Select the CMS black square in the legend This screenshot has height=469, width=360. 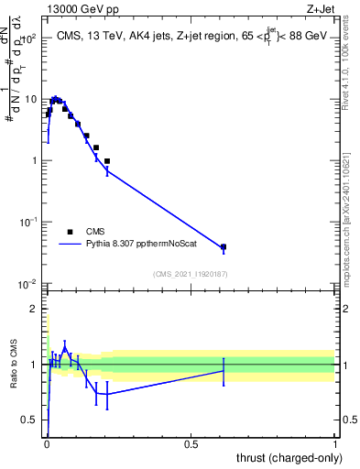(70, 232)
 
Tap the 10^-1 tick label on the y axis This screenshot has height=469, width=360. (28, 223)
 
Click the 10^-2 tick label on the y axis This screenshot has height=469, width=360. (28, 284)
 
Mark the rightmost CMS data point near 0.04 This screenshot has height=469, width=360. (224, 247)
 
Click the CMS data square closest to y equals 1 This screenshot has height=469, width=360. (107, 161)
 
